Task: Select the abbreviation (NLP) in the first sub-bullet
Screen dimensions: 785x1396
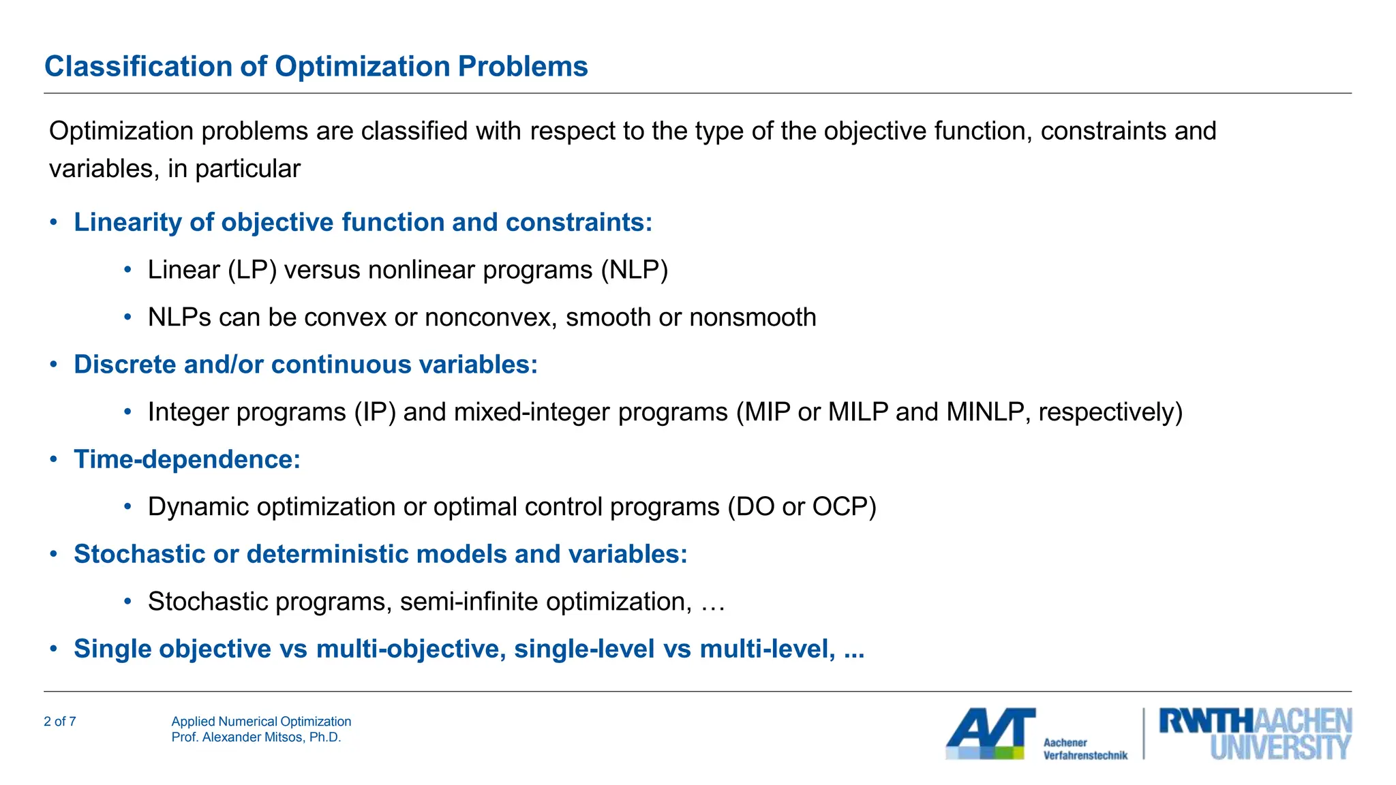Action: click(634, 271)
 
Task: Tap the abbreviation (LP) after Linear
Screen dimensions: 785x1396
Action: click(252, 271)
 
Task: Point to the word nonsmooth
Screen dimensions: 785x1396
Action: click(753, 318)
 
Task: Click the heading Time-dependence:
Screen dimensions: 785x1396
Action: click(187, 460)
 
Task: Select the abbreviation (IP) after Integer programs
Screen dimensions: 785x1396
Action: click(374, 412)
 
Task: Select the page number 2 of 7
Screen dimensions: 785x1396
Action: click(60, 722)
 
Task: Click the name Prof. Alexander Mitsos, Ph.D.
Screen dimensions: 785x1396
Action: click(256, 737)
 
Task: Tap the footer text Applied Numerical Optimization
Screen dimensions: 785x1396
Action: click(261, 722)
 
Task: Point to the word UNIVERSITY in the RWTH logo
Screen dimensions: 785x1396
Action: click(1279, 748)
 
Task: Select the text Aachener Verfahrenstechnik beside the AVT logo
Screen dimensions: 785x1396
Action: click(1084, 749)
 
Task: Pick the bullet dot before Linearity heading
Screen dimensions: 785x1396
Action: click(53, 223)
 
